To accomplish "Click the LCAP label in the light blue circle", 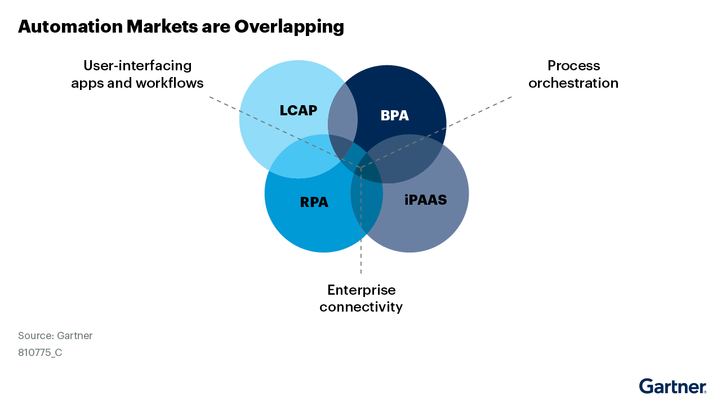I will pyautogui.click(x=299, y=110).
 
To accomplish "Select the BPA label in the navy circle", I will pyautogui.click(x=394, y=116).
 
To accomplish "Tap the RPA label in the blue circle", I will pyautogui.click(x=314, y=202).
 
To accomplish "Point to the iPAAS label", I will pyautogui.click(x=425, y=200).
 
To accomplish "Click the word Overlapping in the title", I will pyautogui.click(x=289, y=26).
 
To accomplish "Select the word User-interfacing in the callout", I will pyautogui.click(x=137, y=66).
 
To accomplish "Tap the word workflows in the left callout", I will pyautogui.click(x=170, y=83).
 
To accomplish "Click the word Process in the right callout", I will pyautogui.click(x=573, y=66).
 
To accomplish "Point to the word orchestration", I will pyautogui.click(x=573, y=83).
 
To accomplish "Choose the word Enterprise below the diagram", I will pyautogui.click(x=361, y=290).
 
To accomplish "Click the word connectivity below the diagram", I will pyautogui.click(x=361, y=307).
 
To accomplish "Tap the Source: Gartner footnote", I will pyautogui.click(x=55, y=336).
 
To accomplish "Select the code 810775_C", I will pyautogui.click(x=40, y=353).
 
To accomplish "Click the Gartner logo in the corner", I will pyautogui.click(x=673, y=386).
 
